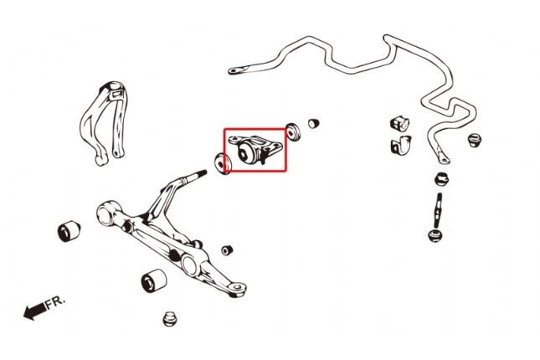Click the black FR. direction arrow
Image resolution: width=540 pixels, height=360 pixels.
34,311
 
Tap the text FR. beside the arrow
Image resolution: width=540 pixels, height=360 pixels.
55,301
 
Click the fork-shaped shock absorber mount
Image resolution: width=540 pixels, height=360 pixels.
105,122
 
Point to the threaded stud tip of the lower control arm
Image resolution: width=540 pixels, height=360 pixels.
203,172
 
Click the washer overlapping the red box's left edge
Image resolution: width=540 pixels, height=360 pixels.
223,163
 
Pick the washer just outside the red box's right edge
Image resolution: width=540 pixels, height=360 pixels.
293,131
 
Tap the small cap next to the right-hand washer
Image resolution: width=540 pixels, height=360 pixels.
313,123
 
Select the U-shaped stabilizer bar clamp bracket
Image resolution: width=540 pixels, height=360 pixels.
401,146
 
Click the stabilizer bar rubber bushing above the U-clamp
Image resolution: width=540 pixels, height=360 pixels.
399,124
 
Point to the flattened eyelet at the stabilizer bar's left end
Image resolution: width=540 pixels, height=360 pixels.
237,70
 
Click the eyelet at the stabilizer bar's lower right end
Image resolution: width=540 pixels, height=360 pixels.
443,157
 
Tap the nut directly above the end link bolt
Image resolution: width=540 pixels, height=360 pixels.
441,179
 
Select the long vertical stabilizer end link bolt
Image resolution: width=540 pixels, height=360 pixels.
439,210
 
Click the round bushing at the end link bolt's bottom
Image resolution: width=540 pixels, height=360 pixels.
435,235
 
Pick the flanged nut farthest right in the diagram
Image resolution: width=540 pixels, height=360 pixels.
475,140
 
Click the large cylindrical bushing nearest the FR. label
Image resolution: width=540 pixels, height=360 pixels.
69,231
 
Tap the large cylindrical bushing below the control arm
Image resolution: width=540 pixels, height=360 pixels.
153,280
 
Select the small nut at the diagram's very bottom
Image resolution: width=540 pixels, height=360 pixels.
170,319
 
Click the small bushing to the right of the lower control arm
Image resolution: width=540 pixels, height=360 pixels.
227,250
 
